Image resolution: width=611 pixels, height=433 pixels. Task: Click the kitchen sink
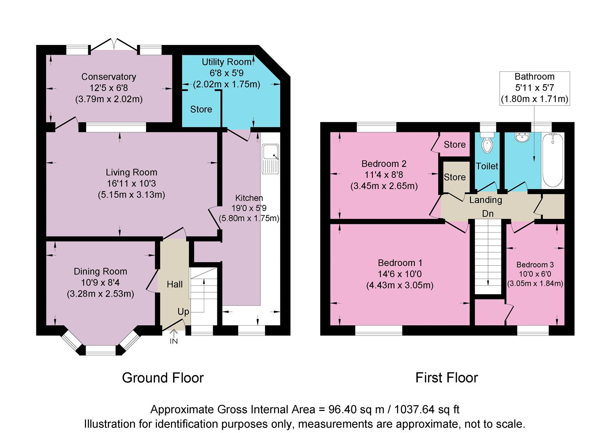click(x=271, y=159)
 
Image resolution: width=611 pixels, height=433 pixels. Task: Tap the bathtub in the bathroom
click(x=553, y=160)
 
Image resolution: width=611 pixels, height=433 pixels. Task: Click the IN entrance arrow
click(x=174, y=333)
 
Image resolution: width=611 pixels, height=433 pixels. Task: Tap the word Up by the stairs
click(x=183, y=312)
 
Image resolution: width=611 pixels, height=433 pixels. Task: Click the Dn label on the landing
click(x=488, y=214)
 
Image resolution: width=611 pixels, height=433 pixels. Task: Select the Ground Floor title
click(x=163, y=378)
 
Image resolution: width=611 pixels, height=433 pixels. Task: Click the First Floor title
click(x=446, y=378)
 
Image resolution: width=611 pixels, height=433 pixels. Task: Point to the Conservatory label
click(x=109, y=77)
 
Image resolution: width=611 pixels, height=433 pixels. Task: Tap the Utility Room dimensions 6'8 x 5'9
click(x=226, y=73)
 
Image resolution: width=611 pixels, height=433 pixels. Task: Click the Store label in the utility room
click(x=201, y=109)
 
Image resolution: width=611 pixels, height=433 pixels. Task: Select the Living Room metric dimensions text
click(x=131, y=195)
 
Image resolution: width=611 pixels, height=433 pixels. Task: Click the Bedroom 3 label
click(x=535, y=265)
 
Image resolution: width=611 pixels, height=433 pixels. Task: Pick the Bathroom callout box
click(x=535, y=88)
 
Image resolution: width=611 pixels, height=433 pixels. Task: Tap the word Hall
click(x=175, y=284)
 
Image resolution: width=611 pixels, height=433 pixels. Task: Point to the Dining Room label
click(x=100, y=271)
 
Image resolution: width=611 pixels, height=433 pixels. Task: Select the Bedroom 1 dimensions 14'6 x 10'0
click(x=400, y=274)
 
